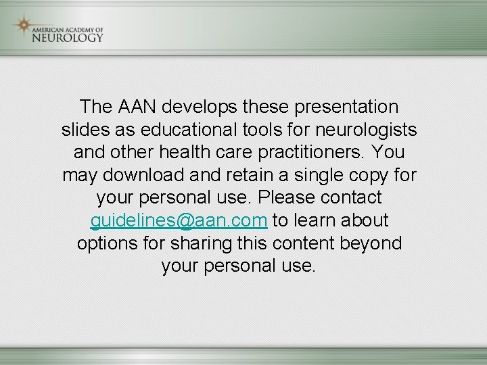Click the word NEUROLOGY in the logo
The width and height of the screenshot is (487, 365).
point(68,37)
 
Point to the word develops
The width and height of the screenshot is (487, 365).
point(200,107)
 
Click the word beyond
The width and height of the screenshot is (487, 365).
point(371,243)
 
